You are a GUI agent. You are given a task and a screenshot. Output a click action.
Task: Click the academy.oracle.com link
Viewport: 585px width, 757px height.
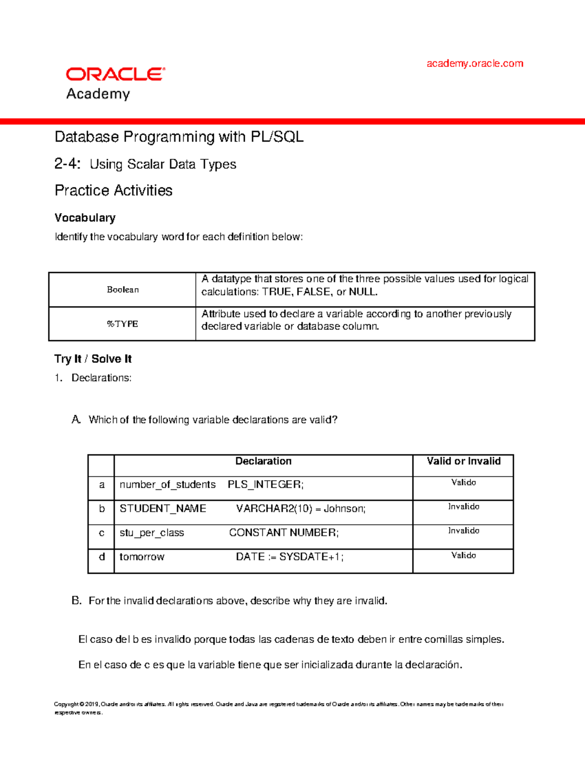pos(474,63)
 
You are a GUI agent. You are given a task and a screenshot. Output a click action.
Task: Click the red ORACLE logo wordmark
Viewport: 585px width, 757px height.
pos(116,74)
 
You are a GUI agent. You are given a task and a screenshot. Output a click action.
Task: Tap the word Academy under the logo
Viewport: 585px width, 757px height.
pos(98,94)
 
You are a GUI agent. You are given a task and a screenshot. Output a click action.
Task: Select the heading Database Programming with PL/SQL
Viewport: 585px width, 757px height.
pos(179,137)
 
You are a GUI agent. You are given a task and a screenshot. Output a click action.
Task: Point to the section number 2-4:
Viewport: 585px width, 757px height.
pos(67,164)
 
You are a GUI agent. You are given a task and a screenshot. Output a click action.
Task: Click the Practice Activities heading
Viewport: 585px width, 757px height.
pos(114,191)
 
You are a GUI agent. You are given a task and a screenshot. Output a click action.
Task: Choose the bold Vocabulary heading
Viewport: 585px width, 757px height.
pos(85,218)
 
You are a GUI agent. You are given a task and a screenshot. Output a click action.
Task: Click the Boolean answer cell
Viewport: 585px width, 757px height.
pos(123,290)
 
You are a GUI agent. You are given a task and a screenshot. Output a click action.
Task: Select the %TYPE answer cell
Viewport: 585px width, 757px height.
pos(123,324)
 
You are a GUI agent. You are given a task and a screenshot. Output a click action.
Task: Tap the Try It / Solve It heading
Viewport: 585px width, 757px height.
pos(93,359)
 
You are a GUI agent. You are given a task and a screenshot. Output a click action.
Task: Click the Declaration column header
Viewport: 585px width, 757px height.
pos(263,461)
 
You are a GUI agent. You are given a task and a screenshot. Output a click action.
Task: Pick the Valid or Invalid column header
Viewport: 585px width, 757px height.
pos(464,461)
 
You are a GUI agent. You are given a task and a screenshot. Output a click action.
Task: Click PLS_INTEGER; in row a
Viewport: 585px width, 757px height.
pos(266,485)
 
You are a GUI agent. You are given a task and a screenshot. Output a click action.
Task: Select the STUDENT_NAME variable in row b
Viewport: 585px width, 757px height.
pos(163,509)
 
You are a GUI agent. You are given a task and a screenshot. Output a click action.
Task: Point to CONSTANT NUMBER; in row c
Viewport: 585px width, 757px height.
pos(284,533)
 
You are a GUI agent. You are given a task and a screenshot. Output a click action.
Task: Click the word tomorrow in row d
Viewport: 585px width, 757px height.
pos(142,557)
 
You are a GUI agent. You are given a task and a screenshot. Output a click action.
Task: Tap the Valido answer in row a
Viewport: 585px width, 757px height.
pos(464,483)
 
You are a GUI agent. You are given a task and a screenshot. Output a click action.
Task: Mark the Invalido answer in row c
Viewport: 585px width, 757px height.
pos(464,531)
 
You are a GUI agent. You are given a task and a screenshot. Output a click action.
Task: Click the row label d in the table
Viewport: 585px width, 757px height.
pos(101,557)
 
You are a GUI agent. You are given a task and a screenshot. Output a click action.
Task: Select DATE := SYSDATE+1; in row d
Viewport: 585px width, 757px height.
pos(290,557)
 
